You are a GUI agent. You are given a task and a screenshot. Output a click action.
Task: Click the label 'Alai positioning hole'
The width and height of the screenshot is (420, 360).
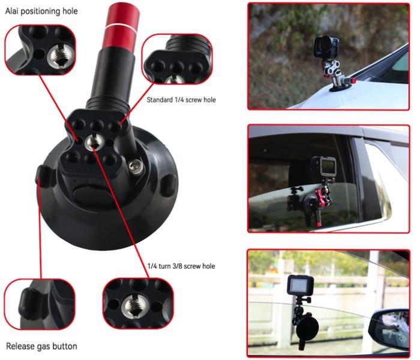point(41,11)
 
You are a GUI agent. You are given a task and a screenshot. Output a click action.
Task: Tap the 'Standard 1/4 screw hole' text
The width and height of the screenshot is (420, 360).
point(181,100)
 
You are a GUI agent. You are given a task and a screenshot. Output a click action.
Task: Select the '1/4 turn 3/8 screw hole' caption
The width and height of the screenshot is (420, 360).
point(181,266)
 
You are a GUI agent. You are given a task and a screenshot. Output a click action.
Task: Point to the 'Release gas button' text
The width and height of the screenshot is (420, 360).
point(41,346)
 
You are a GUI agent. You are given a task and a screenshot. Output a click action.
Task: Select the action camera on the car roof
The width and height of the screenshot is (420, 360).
point(326,47)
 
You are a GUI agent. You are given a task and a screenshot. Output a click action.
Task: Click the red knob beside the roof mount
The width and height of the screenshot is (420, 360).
point(353,80)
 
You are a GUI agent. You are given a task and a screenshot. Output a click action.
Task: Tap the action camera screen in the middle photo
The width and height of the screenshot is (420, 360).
point(328,166)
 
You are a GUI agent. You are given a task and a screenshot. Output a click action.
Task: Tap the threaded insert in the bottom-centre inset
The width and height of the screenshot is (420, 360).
point(134,306)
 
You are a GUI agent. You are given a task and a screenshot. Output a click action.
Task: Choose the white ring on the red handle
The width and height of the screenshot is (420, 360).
point(121,26)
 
